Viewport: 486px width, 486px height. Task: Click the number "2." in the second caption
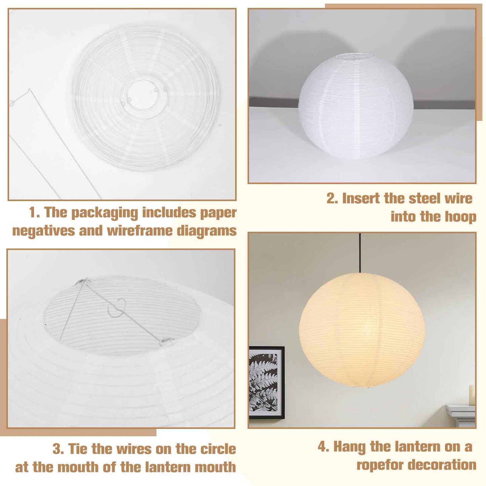tap(332, 198)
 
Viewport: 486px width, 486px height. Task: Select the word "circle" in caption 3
tap(218, 449)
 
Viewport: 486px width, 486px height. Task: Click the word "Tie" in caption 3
tap(78, 449)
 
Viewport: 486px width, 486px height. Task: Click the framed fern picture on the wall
tap(266, 382)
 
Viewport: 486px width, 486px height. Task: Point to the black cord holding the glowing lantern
tap(360, 252)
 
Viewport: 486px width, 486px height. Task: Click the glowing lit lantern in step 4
tap(362, 330)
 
